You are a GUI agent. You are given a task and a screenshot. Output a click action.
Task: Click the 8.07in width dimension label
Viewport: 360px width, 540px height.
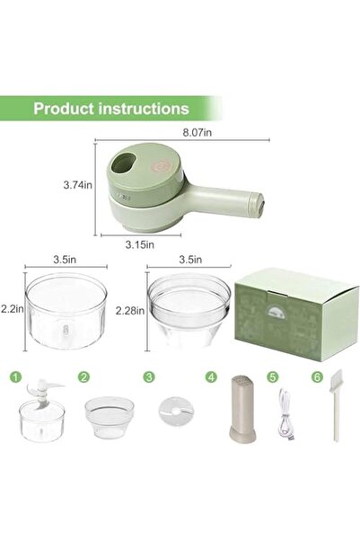pyautogui.click(x=223, y=133)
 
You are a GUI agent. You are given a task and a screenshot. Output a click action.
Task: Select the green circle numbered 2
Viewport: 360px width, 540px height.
pyautogui.click(x=83, y=377)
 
